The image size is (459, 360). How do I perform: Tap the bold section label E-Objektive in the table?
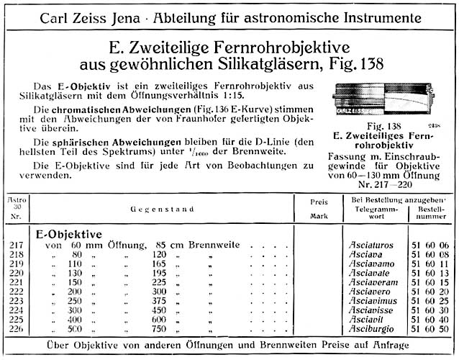click(68, 235)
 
